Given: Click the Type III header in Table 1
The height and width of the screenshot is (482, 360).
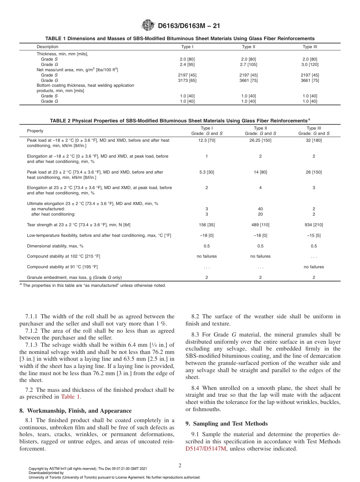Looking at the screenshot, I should (310, 47).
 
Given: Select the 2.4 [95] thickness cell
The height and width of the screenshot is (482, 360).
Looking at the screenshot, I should (187, 64).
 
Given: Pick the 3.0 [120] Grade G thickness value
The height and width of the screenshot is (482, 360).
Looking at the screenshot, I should (310, 64).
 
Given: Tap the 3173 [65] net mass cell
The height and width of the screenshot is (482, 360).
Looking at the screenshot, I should (187, 80).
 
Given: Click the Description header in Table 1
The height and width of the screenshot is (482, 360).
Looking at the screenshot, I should (47, 47).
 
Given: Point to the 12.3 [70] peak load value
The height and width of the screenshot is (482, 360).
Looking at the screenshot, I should (207, 140).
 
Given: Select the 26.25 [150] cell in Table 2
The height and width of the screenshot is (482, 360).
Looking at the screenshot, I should (260, 140).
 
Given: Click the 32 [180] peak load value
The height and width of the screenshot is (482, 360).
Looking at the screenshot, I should (314, 140).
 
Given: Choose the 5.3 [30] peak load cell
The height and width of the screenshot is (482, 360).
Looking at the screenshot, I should (207, 172).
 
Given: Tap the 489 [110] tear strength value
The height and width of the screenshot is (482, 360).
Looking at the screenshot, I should (260, 225).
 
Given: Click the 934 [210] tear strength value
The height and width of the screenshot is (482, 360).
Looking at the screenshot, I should (314, 225).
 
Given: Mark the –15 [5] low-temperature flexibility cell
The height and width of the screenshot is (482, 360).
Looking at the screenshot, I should (314, 235).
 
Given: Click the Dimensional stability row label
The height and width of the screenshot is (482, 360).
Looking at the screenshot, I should (55, 246).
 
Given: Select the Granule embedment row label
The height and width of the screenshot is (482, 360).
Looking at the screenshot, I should (74, 277).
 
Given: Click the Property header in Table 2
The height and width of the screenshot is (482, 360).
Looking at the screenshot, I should (35, 131).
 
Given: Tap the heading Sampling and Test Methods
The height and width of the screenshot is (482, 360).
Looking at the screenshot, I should (227, 424).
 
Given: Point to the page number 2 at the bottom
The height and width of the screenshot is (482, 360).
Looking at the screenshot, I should (180, 466).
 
